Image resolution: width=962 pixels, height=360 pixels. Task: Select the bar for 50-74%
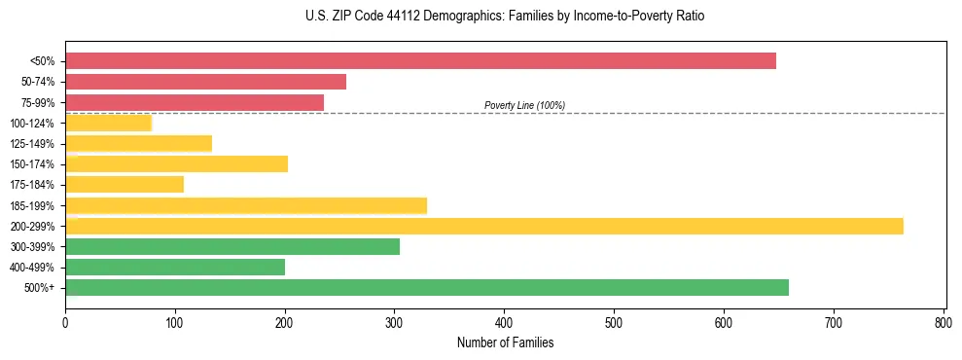coord(205,82)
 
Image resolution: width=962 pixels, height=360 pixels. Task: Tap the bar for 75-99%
coord(195,102)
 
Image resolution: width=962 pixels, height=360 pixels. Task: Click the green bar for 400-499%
coord(175,267)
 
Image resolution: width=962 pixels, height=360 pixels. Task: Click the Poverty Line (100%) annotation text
coord(524,105)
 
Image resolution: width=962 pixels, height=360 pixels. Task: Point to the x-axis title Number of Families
coord(505,342)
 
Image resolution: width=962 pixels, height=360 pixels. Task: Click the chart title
coord(505,17)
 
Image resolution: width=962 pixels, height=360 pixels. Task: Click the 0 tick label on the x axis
coord(65,321)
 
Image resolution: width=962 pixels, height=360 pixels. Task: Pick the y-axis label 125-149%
coord(33,144)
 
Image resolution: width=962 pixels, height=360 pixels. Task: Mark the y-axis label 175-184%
coord(33,185)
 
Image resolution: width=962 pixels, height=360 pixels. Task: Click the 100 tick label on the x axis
coord(175,321)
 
